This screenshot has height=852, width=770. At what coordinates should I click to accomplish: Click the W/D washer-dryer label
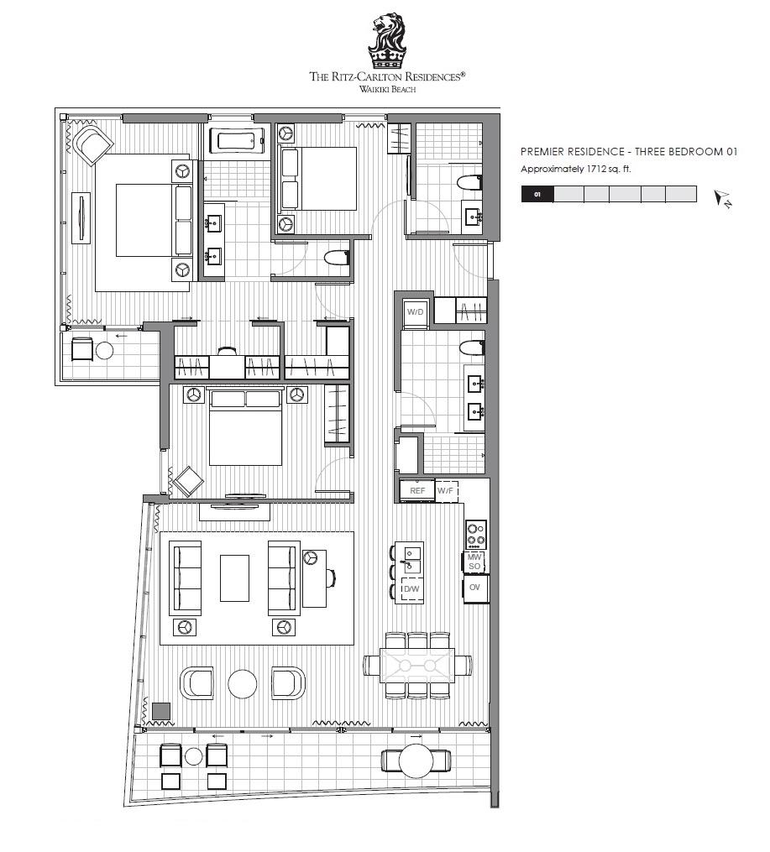[415, 312]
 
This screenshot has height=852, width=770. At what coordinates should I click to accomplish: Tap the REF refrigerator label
[417, 491]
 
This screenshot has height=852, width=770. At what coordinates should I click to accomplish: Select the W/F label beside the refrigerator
[445, 491]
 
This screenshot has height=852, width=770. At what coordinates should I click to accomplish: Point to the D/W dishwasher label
[411, 589]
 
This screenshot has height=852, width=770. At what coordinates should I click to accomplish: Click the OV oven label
[475, 588]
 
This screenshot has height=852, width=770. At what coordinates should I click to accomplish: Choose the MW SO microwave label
[474, 562]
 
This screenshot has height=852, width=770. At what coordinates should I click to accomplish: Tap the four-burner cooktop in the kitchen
[476, 533]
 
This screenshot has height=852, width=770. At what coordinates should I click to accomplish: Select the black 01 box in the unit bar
[537, 194]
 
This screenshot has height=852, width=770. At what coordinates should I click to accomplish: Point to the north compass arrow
[723, 198]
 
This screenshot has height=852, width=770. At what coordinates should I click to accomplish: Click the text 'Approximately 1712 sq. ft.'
[575, 169]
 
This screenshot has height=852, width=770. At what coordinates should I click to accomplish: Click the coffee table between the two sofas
[235, 578]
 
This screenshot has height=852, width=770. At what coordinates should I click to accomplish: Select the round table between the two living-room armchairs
[243, 683]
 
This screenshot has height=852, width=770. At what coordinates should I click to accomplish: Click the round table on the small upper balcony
[104, 351]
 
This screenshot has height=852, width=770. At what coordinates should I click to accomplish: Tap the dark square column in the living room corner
[161, 712]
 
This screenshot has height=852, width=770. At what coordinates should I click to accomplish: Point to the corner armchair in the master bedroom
[93, 144]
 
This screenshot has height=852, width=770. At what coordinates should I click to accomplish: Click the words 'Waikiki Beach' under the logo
[387, 89]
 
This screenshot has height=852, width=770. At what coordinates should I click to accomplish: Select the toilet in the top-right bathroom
[469, 183]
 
